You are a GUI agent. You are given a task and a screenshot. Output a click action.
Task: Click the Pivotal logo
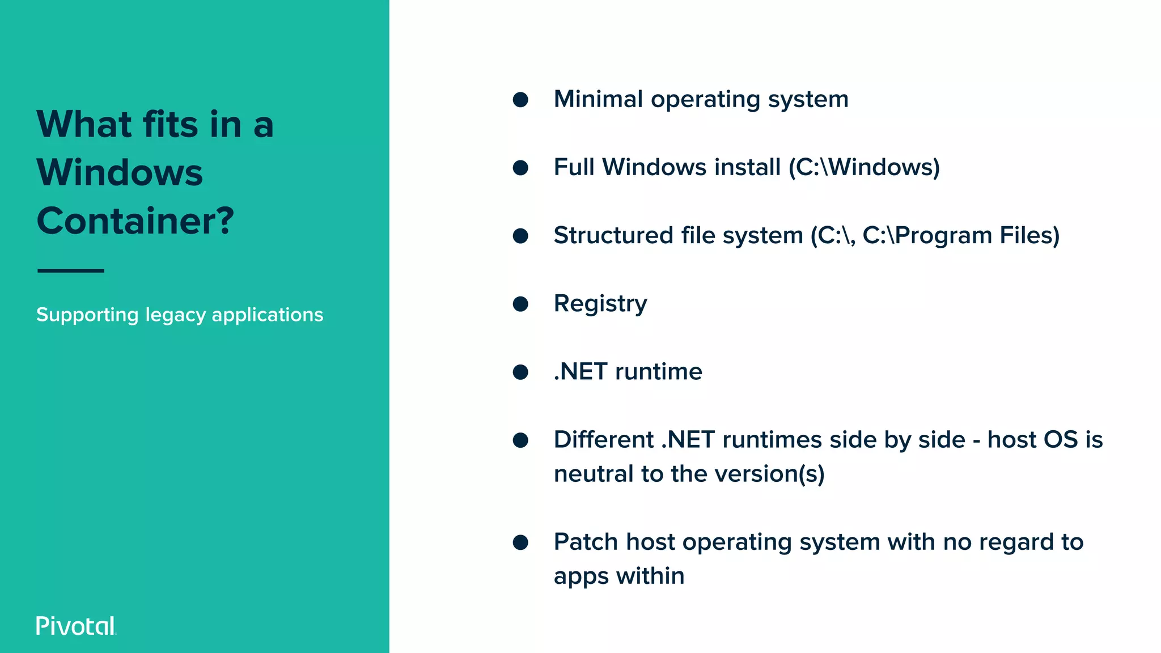click(x=76, y=626)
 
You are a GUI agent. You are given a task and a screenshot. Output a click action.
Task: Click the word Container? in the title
click(x=135, y=221)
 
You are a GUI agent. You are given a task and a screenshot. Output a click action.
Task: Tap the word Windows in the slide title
click(x=120, y=172)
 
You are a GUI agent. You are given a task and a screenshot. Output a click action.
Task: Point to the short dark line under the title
click(x=71, y=271)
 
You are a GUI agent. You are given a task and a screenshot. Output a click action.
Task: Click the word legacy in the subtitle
click(x=175, y=315)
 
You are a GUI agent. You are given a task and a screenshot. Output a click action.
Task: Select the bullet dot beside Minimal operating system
click(x=520, y=100)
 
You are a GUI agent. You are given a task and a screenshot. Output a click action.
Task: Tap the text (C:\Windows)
click(x=864, y=167)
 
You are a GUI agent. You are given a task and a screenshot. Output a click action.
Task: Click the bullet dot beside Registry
click(x=520, y=304)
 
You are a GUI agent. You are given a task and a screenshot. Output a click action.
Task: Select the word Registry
click(x=600, y=304)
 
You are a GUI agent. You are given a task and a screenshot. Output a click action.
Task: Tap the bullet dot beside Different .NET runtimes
click(x=520, y=440)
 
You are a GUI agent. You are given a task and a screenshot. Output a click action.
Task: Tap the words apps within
click(x=618, y=576)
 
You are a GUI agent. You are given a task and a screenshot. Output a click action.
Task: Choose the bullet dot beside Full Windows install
click(x=520, y=168)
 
